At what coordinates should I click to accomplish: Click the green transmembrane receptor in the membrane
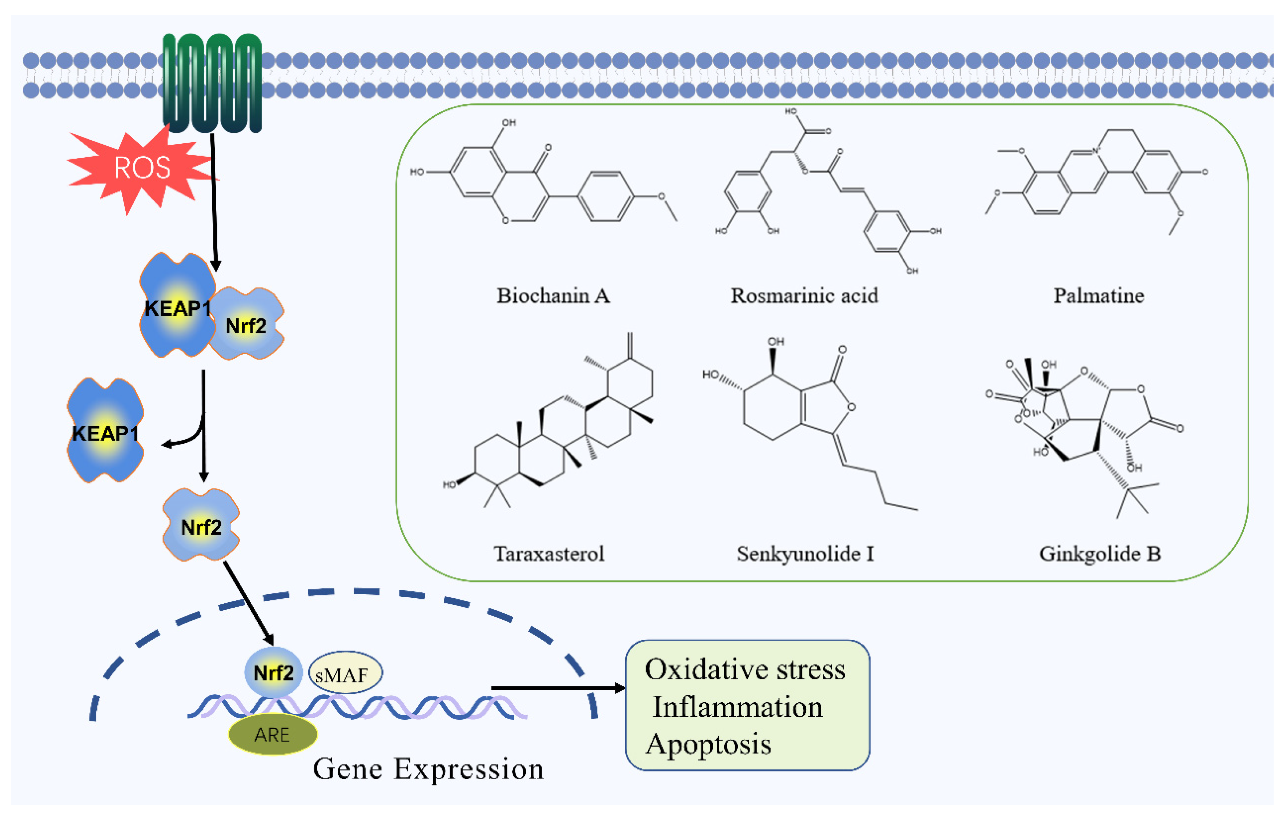click(212, 83)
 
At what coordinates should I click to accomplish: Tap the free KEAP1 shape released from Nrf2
click(105, 431)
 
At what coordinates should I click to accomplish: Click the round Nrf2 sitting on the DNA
click(273, 673)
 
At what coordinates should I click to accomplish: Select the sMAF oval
click(345, 674)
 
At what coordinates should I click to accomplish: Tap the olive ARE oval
click(272, 735)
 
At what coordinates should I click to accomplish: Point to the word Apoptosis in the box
click(708, 744)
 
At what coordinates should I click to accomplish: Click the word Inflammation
click(738, 707)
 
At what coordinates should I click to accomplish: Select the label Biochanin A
click(553, 296)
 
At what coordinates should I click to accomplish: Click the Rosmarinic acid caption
click(804, 296)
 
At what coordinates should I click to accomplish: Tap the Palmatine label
click(1098, 296)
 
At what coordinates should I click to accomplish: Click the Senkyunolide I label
click(805, 554)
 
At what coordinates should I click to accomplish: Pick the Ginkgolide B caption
click(1100, 554)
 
